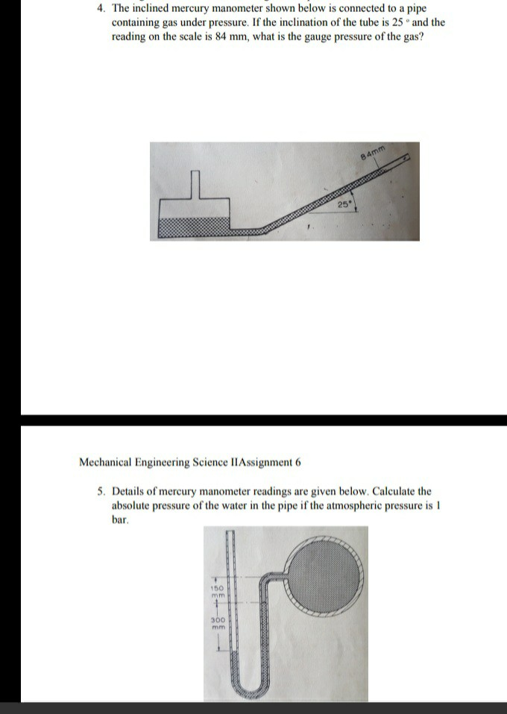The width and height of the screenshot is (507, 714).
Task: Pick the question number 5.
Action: pos(100,492)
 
